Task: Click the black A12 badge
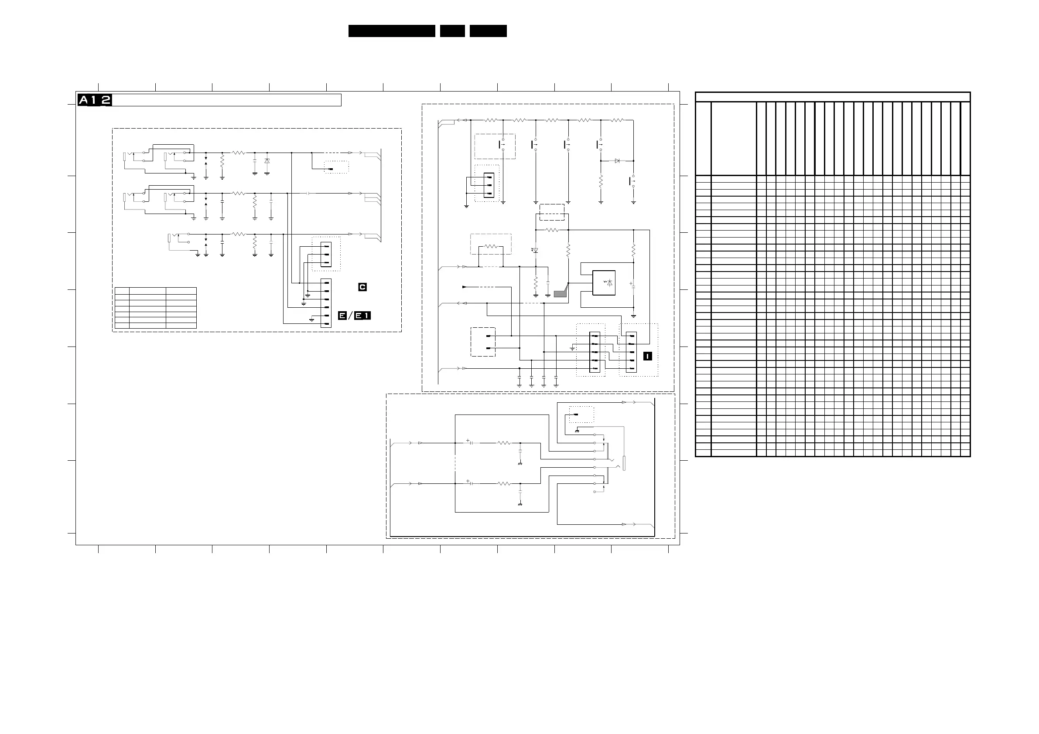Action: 95,100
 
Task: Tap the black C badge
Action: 362,287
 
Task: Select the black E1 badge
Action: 362,316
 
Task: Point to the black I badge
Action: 648,357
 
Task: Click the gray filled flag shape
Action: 560,293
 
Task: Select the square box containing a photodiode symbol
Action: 604,282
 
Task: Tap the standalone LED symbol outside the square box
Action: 535,250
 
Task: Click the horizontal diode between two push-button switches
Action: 617,160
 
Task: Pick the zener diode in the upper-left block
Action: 267,161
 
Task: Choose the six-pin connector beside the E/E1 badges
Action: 326,303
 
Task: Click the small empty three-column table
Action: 156,308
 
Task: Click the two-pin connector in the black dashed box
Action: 489,342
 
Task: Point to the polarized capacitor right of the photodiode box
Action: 633,285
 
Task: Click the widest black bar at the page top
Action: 392,31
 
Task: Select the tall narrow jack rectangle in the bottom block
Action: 624,464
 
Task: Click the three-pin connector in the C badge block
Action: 326,254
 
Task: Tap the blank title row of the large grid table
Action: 833,97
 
